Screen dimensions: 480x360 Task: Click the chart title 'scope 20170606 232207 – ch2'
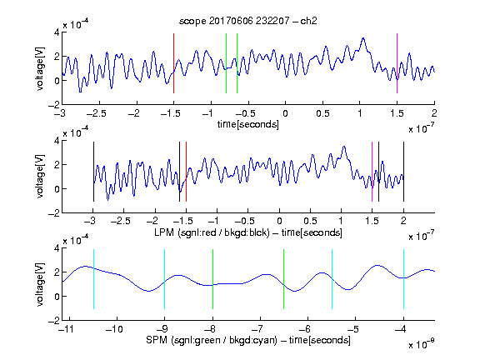[x=248, y=21]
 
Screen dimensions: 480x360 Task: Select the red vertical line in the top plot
[x=173, y=63]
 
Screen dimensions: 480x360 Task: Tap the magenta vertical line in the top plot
[x=397, y=63]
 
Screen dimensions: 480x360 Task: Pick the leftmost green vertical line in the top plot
[x=226, y=63]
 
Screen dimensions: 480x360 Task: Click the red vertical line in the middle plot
[x=186, y=172]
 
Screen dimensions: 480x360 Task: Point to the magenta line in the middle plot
[x=372, y=172]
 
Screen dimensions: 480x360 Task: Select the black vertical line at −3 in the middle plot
[x=93, y=172]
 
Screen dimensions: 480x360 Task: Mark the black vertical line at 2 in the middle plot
[x=403, y=172]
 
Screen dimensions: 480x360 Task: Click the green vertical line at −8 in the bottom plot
[x=212, y=279]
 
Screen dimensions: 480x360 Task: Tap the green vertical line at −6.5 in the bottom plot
[x=284, y=279]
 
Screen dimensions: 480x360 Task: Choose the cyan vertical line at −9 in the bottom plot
[x=165, y=279]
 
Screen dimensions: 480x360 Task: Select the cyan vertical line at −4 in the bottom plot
[x=403, y=279]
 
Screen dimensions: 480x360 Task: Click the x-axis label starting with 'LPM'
[x=248, y=232]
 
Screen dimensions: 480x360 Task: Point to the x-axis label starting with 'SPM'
[x=248, y=340]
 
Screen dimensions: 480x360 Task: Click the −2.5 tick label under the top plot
[x=97, y=113]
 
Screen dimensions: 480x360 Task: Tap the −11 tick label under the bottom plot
[x=67, y=329]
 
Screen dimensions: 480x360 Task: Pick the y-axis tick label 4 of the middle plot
[x=57, y=141]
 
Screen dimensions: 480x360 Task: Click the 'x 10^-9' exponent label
[x=421, y=344]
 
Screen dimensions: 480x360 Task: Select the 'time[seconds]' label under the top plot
[x=248, y=125]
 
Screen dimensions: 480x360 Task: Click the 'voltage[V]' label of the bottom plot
[x=40, y=284]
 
